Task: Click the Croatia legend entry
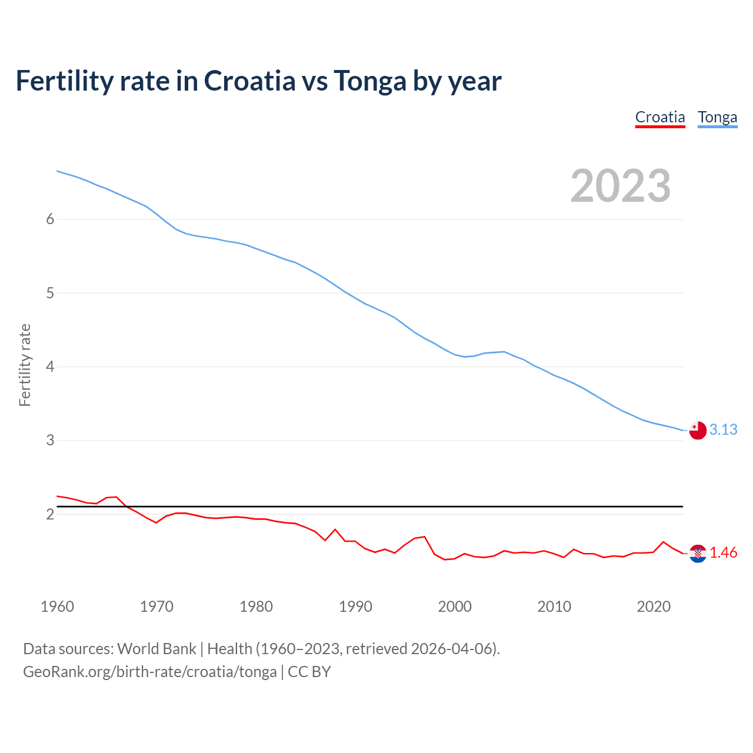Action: (x=660, y=117)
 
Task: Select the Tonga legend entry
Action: (x=717, y=117)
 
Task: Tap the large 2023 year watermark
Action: (x=620, y=186)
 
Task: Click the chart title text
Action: (x=258, y=81)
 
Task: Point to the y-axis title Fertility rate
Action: (x=25, y=365)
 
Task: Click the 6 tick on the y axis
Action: (x=50, y=219)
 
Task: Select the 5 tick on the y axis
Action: (x=50, y=293)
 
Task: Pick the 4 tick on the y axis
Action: (x=50, y=366)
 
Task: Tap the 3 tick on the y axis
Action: (x=50, y=440)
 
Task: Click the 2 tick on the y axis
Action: (x=50, y=514)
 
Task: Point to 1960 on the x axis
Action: (x=57, y=607)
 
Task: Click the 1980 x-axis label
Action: (x=256, y=607)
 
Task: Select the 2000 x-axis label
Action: (x=455, y=607)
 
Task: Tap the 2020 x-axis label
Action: (x=654, y=607)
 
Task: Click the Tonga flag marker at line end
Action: (x=698, y=431)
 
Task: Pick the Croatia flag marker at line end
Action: (x=698, y=554)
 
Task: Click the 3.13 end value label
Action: (x=723, y=430)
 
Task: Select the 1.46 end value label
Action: (x=723, y=553)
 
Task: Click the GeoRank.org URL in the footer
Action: (x=149, y=672)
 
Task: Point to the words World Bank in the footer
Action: (x=156, y=649)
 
